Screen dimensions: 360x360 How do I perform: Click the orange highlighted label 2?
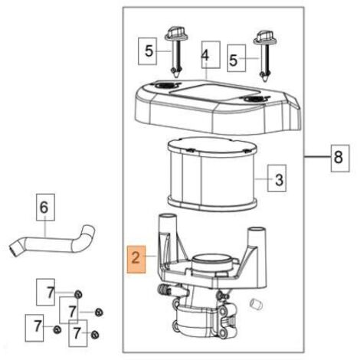[x=136, y=260]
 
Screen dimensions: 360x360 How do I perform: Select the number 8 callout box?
[x=340, y=158]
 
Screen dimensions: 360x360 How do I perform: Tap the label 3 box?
[x=277, y=178]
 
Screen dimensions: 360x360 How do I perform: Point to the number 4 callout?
[x=211, y=54]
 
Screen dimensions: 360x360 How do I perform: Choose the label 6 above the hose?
[x=45, y=207]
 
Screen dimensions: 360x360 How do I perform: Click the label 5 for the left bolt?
[x=148, y=51]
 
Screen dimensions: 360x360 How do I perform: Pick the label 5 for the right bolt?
[x=237, y=58]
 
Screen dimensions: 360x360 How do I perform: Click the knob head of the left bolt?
[x=174, y=33]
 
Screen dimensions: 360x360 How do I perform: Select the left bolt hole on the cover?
[x=164, y=85]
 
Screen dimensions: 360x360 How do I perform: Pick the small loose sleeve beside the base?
[x=256, y=304]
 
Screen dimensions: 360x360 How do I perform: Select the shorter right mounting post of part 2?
[x=257, y=235]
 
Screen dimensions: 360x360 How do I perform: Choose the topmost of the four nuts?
[x=78, y=294]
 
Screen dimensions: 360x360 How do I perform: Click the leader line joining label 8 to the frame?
[x=317, y=157]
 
